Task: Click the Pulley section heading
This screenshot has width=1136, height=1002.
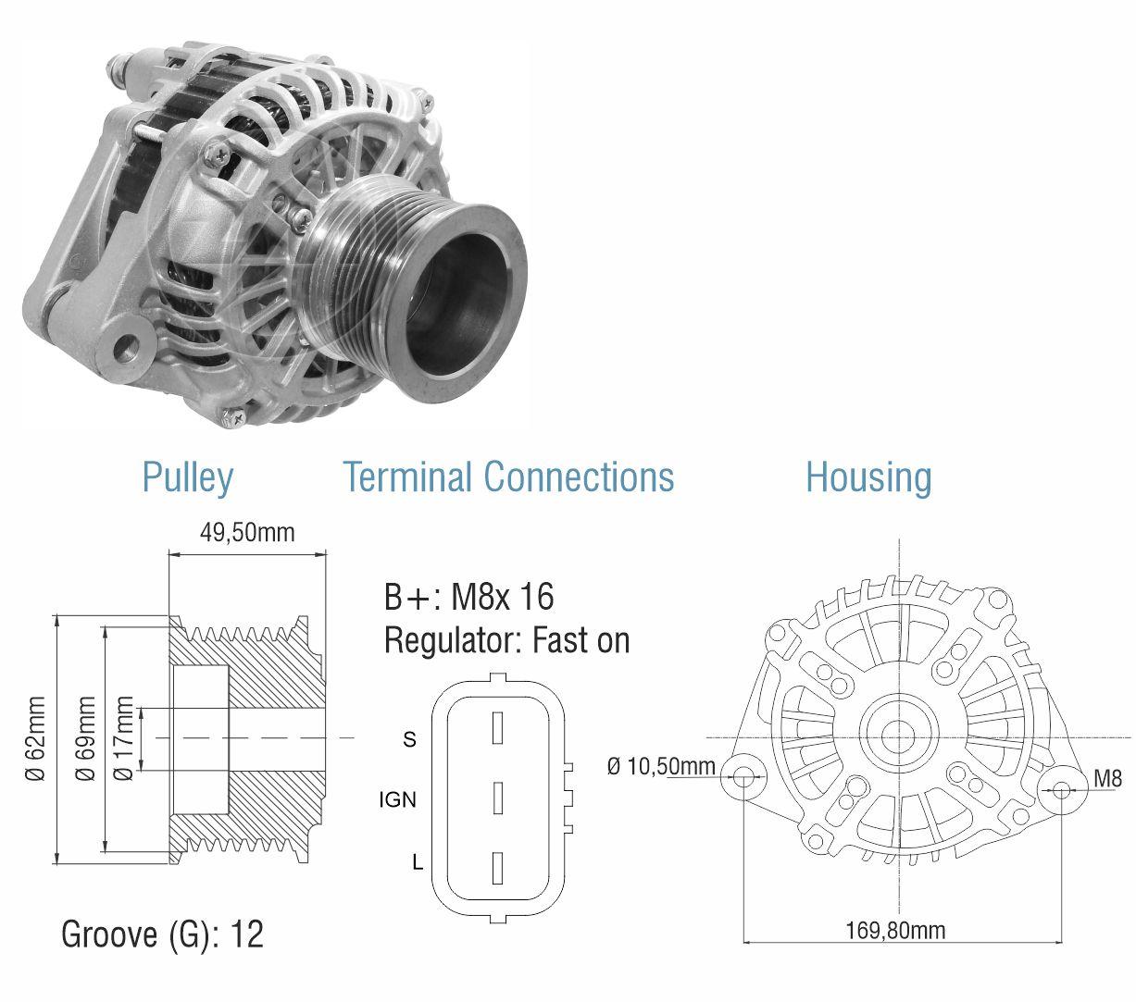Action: point(187,477)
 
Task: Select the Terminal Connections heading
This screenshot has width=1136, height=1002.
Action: point(508,476)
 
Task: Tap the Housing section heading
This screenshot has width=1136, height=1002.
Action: point(868,476)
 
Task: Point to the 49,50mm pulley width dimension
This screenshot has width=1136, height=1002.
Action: point(247,532)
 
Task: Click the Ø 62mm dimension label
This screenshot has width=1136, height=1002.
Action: point(36,738)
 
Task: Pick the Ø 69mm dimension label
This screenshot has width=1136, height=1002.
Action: point(85,738)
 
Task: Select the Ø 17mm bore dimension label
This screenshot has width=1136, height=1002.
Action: point(123,738)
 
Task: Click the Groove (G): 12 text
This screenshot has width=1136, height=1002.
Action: point(162,934)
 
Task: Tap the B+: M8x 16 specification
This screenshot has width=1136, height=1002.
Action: point(468,596)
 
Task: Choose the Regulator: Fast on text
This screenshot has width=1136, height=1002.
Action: point(506,640)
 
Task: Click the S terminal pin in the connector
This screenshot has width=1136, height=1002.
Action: point(497,727)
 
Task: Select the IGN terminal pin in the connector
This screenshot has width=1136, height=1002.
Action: point(497,798)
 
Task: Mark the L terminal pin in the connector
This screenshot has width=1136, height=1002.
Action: point(497,868)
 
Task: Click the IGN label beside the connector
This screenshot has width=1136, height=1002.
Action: point(397,799)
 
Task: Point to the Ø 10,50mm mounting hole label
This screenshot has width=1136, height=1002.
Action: point(661,766)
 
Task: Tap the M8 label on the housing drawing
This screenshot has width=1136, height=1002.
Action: point(1108,778)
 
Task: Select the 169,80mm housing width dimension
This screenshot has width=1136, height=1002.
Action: point(895,931)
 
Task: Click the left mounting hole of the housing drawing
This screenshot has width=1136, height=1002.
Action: point(743,777)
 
